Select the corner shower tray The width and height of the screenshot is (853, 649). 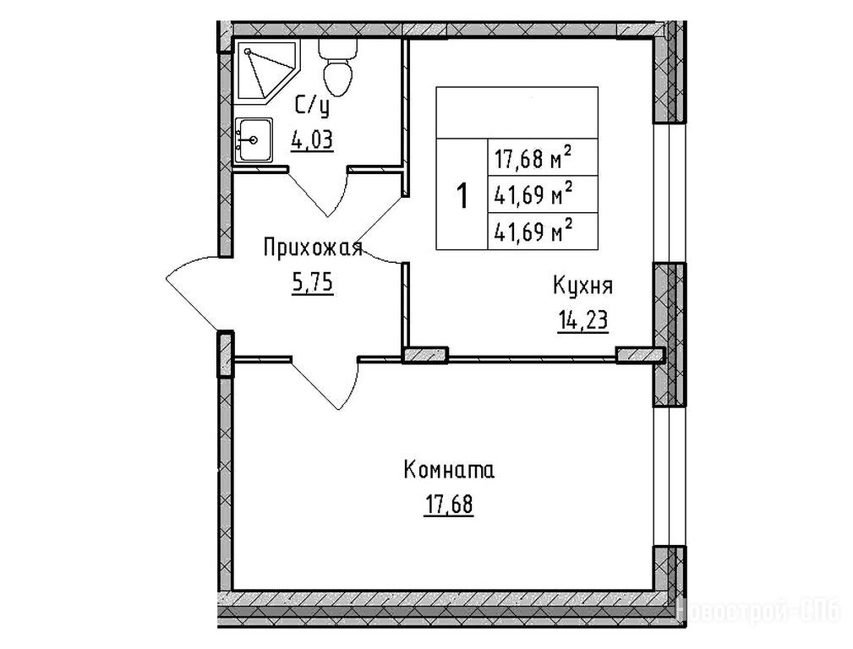click(266, 71)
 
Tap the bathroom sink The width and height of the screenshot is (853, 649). click(253, 139)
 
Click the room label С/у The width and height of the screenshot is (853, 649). click(312, 106)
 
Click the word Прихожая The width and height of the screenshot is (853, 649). click(313, 248)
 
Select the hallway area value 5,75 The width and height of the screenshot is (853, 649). click(313, 283)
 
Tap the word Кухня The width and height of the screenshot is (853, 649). click(582, 286)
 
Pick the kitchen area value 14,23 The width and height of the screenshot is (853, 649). click(582, 320)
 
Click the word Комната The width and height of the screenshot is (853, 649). click(449, 470)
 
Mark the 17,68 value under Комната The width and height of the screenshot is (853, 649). click(449, 504)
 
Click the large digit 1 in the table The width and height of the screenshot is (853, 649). click(462, 196)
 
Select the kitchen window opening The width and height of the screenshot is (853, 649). click(669, 192)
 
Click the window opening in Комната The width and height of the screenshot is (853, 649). click(669, 477)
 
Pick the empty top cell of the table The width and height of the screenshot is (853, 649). click(517, 112)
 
